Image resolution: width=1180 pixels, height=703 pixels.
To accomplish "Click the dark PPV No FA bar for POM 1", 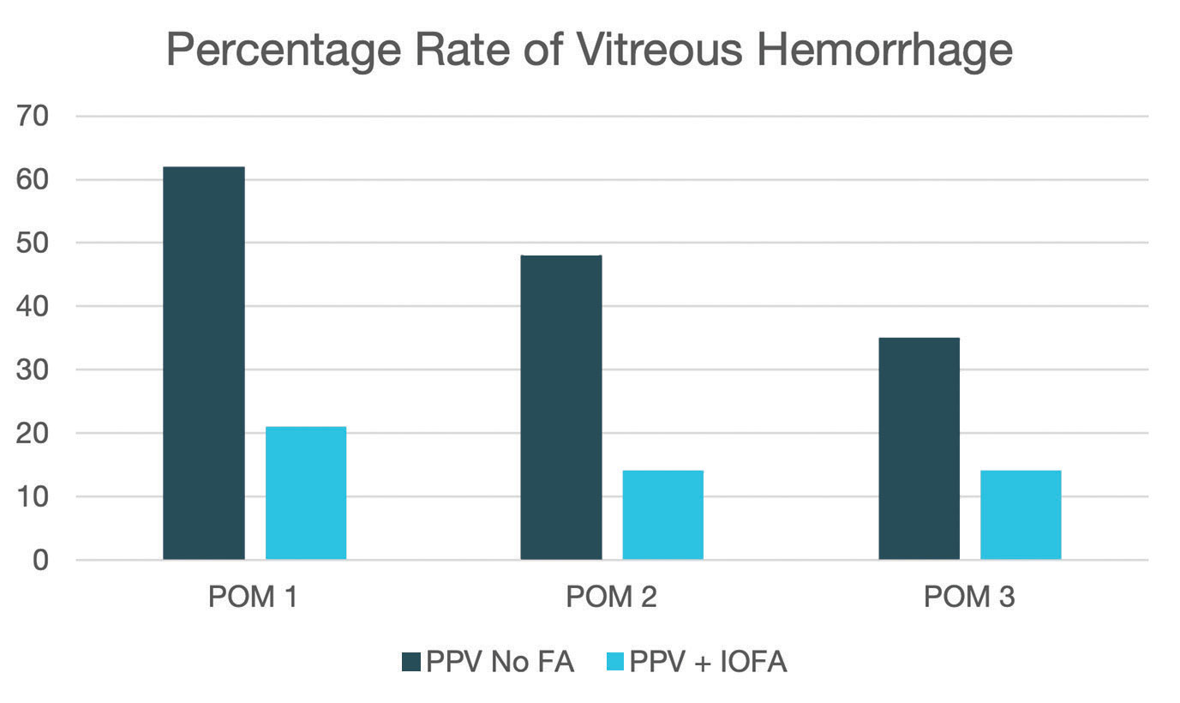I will (x=203, y=364).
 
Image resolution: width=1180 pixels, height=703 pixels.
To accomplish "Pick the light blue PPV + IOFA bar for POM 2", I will (x=663, y=515).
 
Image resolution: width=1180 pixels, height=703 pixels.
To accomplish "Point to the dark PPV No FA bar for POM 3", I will (x=919, y=448).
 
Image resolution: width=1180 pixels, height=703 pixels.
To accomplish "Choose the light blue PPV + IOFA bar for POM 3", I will (x=1021, y=515).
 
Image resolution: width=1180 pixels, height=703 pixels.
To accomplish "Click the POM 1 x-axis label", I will (x=254, y=597).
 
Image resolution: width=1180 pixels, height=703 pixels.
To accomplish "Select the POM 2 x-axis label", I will (x=612, y=597).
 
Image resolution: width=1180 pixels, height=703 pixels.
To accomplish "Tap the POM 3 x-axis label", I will (x=969, y=597).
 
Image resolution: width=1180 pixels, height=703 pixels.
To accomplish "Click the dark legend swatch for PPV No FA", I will (x=411, y=663).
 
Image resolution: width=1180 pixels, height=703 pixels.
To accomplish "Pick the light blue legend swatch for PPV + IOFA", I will (x=614, y=663).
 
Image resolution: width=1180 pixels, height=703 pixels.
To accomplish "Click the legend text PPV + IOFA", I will (x=708, y=663).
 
